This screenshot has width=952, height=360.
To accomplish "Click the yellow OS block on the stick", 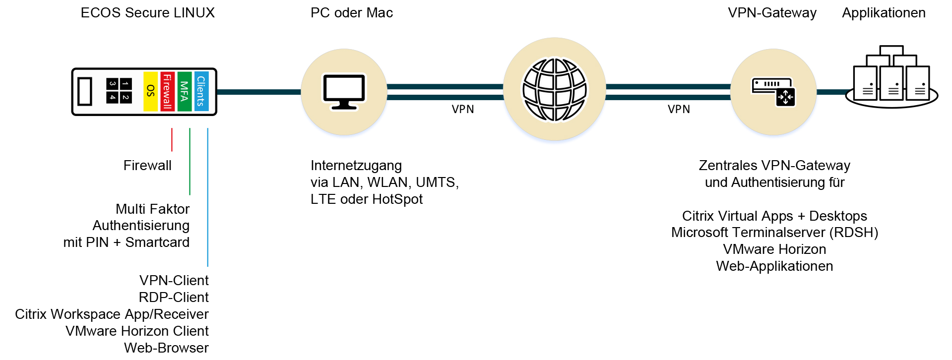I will coord(150,91).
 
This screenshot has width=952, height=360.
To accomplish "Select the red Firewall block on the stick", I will coord(167,91).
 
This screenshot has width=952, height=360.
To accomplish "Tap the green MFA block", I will coord(184,91).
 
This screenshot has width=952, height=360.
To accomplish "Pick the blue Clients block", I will coord(201,91).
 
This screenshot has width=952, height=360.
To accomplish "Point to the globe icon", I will coord(555,90).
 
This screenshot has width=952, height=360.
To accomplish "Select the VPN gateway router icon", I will coord(773,92).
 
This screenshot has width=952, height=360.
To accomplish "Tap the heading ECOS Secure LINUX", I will coord(147,13).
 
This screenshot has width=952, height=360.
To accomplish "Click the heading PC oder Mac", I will coord(351,13).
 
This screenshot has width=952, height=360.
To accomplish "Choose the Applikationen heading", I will coord(884,13).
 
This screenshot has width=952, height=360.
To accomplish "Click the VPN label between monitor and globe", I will coord(462,109).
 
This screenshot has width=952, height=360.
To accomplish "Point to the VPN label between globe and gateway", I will coord(679,109).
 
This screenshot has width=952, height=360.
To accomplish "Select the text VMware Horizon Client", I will coord(137,331).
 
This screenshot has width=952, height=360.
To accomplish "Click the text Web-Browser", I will coord(166,348).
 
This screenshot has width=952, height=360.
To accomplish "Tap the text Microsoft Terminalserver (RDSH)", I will coord(774,233).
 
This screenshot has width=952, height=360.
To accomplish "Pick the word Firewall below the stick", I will coord(147,166).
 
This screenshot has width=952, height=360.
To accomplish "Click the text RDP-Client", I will coord(174,297).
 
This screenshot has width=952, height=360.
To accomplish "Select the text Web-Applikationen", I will coord(774,266).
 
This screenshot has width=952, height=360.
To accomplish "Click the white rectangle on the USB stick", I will coord(85,91).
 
